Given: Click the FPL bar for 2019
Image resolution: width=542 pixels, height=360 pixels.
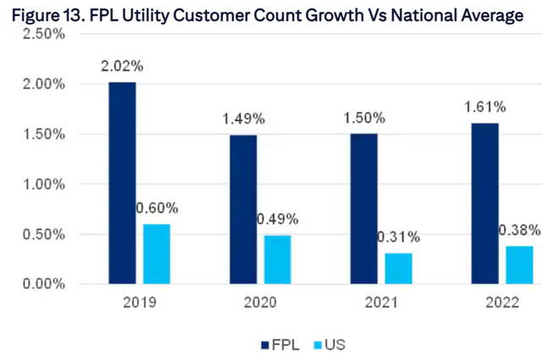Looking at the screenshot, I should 122,183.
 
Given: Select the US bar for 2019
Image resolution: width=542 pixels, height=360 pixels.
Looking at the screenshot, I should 157,254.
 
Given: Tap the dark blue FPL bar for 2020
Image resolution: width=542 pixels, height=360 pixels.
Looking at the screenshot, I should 242,209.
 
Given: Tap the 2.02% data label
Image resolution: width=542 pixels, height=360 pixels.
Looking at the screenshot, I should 122,65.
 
